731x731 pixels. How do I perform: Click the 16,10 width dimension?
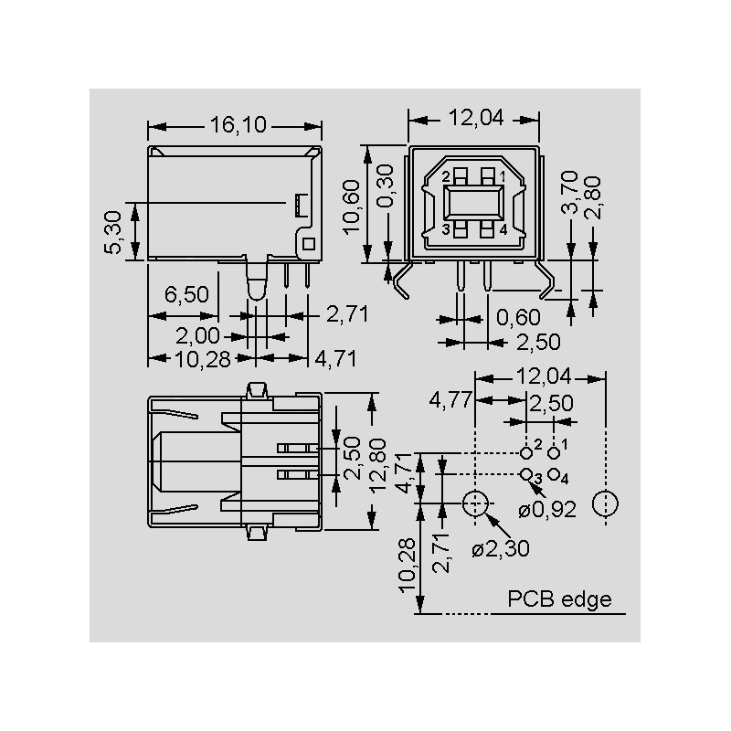tap(238, 124)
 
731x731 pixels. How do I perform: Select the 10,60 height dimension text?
tap(352, 207)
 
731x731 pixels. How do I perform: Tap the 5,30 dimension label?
tap(112, 232)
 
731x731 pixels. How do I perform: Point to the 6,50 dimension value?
tap(186, 294)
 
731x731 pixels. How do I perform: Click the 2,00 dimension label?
tap(197, 335)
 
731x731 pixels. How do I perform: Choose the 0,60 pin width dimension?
tap(518, 317)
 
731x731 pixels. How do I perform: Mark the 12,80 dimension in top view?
tap(377, 465)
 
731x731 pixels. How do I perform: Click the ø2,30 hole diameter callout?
tap(501, 549)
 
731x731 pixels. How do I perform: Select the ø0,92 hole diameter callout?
tap(547, 510)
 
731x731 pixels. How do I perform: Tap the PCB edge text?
tap(559, 599)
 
